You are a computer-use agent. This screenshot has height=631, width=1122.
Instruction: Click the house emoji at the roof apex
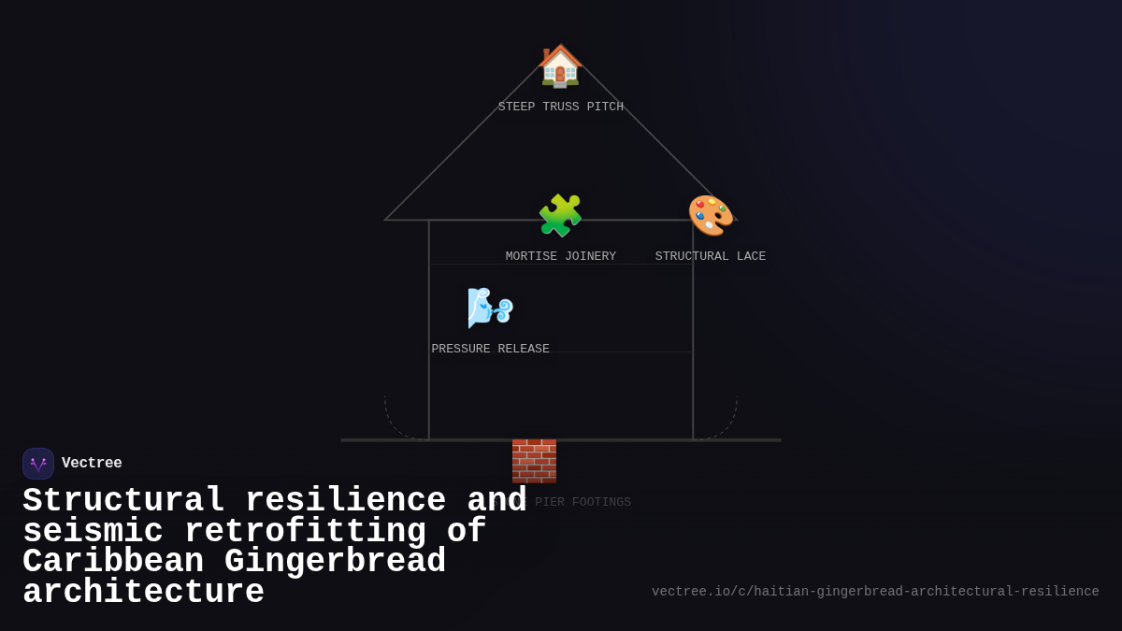point(560,66)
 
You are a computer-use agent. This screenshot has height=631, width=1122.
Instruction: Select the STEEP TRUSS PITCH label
point(560,108)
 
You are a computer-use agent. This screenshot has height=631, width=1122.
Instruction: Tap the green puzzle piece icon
point(560,216)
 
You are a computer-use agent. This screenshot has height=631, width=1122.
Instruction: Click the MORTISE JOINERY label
point(560,256)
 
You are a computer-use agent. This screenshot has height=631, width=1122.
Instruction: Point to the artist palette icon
point(711,216)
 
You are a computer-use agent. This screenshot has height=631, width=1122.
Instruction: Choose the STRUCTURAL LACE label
point(711,256)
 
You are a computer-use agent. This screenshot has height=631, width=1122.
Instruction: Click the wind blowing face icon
point(490,308)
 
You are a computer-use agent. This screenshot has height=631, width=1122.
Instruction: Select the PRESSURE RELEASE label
point(490,350)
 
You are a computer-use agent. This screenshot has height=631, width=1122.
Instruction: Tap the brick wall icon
point(534,461)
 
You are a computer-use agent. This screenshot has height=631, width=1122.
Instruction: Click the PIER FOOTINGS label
point(582,503)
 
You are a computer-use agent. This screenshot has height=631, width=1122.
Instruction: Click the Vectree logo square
point(38,464)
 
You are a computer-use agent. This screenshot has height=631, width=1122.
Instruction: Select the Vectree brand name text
point(92,464)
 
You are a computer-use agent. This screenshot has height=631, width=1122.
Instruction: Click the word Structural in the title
point(122,501)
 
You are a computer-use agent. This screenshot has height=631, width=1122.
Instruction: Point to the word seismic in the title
point(93,532)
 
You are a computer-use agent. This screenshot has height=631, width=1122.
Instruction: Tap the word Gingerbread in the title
point(335,562)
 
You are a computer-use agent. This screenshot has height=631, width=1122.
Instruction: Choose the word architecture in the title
point(143,593)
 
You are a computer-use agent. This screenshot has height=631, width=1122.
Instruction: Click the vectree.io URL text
point(875,592)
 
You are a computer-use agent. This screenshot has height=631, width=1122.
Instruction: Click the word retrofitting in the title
point(304,532)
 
